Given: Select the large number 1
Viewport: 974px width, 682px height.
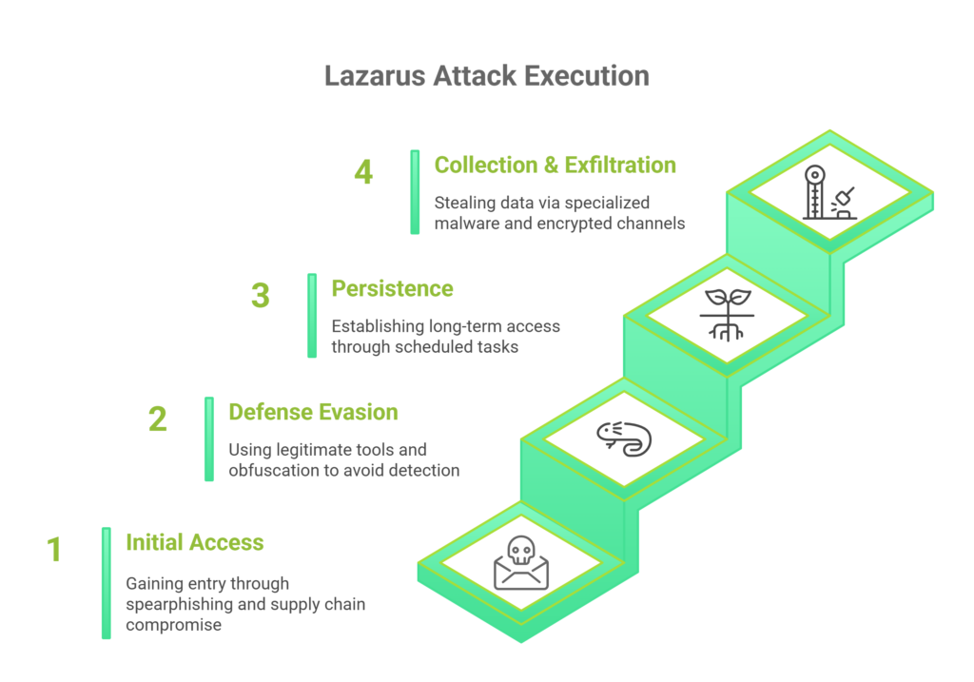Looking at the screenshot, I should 54,550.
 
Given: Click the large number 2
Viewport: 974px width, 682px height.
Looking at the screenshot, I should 158,419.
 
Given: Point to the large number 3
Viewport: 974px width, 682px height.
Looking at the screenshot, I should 261,296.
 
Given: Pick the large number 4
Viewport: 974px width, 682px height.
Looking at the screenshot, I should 363,172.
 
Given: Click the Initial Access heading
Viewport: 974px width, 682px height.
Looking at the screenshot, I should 195,542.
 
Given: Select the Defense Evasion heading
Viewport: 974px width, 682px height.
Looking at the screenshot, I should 313,412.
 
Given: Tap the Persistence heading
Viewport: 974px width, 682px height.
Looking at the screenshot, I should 392,288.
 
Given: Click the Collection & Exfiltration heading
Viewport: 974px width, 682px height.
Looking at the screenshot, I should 555,165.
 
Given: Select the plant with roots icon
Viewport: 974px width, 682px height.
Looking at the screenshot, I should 727,313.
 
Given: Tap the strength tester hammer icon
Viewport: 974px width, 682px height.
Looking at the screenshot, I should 828,193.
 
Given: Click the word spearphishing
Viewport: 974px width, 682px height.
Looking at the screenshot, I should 177,604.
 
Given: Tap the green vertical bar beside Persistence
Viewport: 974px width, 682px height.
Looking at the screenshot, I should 312,316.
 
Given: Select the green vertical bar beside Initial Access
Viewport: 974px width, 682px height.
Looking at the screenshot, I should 107,582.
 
